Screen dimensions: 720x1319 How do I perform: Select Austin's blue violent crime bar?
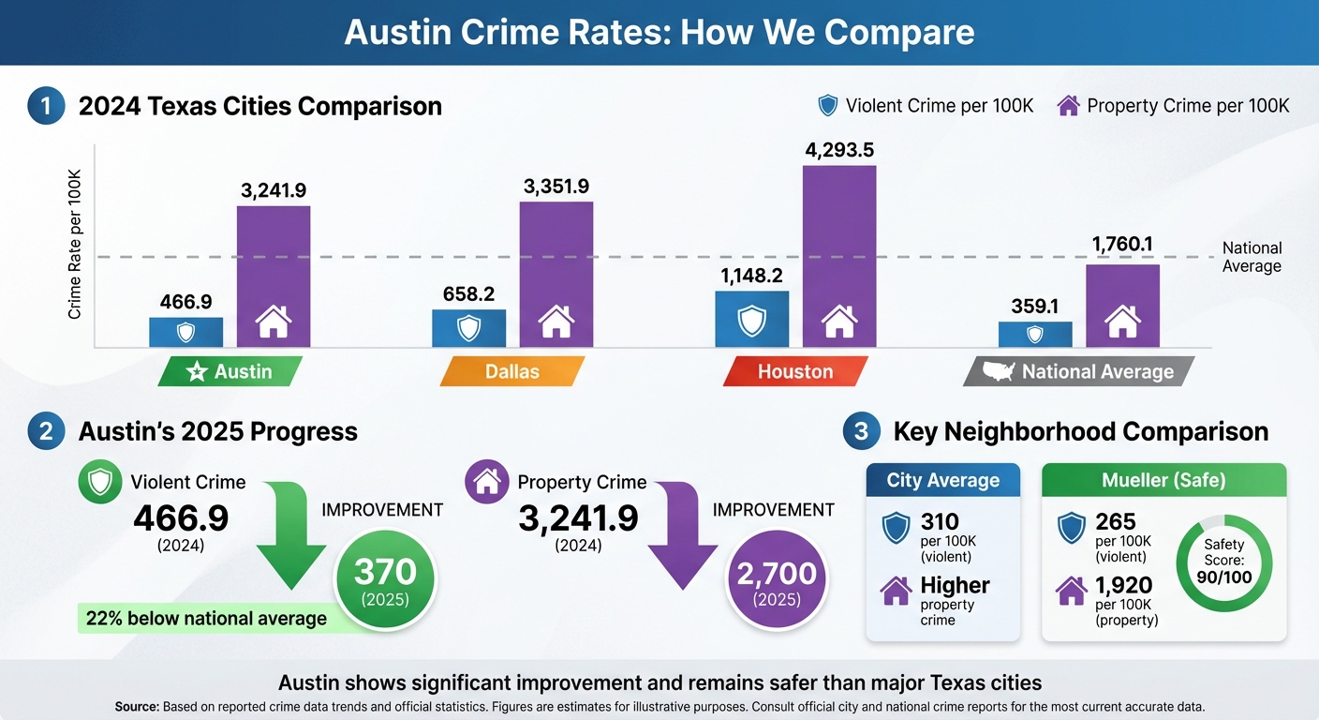(x=185, y=332)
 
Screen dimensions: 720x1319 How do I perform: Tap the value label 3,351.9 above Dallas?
(x=556, y=186)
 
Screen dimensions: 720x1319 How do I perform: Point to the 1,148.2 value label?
(x=751, y=275)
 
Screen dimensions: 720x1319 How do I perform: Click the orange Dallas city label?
(x=511, y=372)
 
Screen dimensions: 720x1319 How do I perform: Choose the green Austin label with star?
(x=230, y=372)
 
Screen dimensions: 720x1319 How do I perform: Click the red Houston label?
(x=794, y=372)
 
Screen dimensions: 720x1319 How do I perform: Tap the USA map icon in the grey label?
(x=999, y=372)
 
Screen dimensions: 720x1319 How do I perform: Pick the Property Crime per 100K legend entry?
(x=1173, y=106)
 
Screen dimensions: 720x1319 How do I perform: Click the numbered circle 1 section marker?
(x=46, y=106)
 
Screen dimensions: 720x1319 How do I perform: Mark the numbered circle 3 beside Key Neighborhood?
(x=861, y=431)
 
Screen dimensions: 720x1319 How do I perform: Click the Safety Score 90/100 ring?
(x=1223, y=561)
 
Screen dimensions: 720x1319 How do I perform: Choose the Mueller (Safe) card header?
(x=1163, y=481)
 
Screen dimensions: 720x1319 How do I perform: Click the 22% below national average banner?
(x=206, y=619)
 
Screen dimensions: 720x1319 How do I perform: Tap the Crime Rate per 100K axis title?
(x=75, y=245)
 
